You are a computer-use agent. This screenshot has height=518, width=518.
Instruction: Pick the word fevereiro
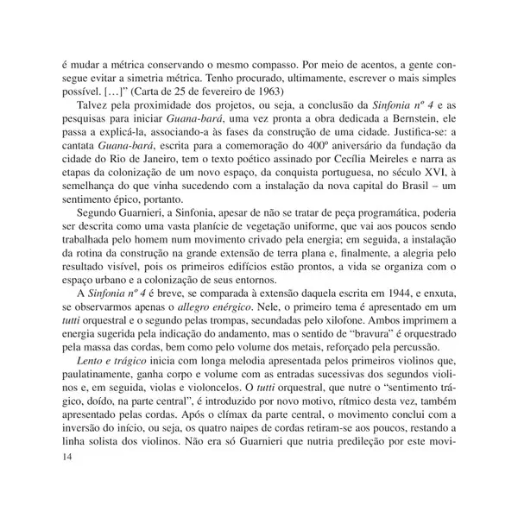coord(229,91)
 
